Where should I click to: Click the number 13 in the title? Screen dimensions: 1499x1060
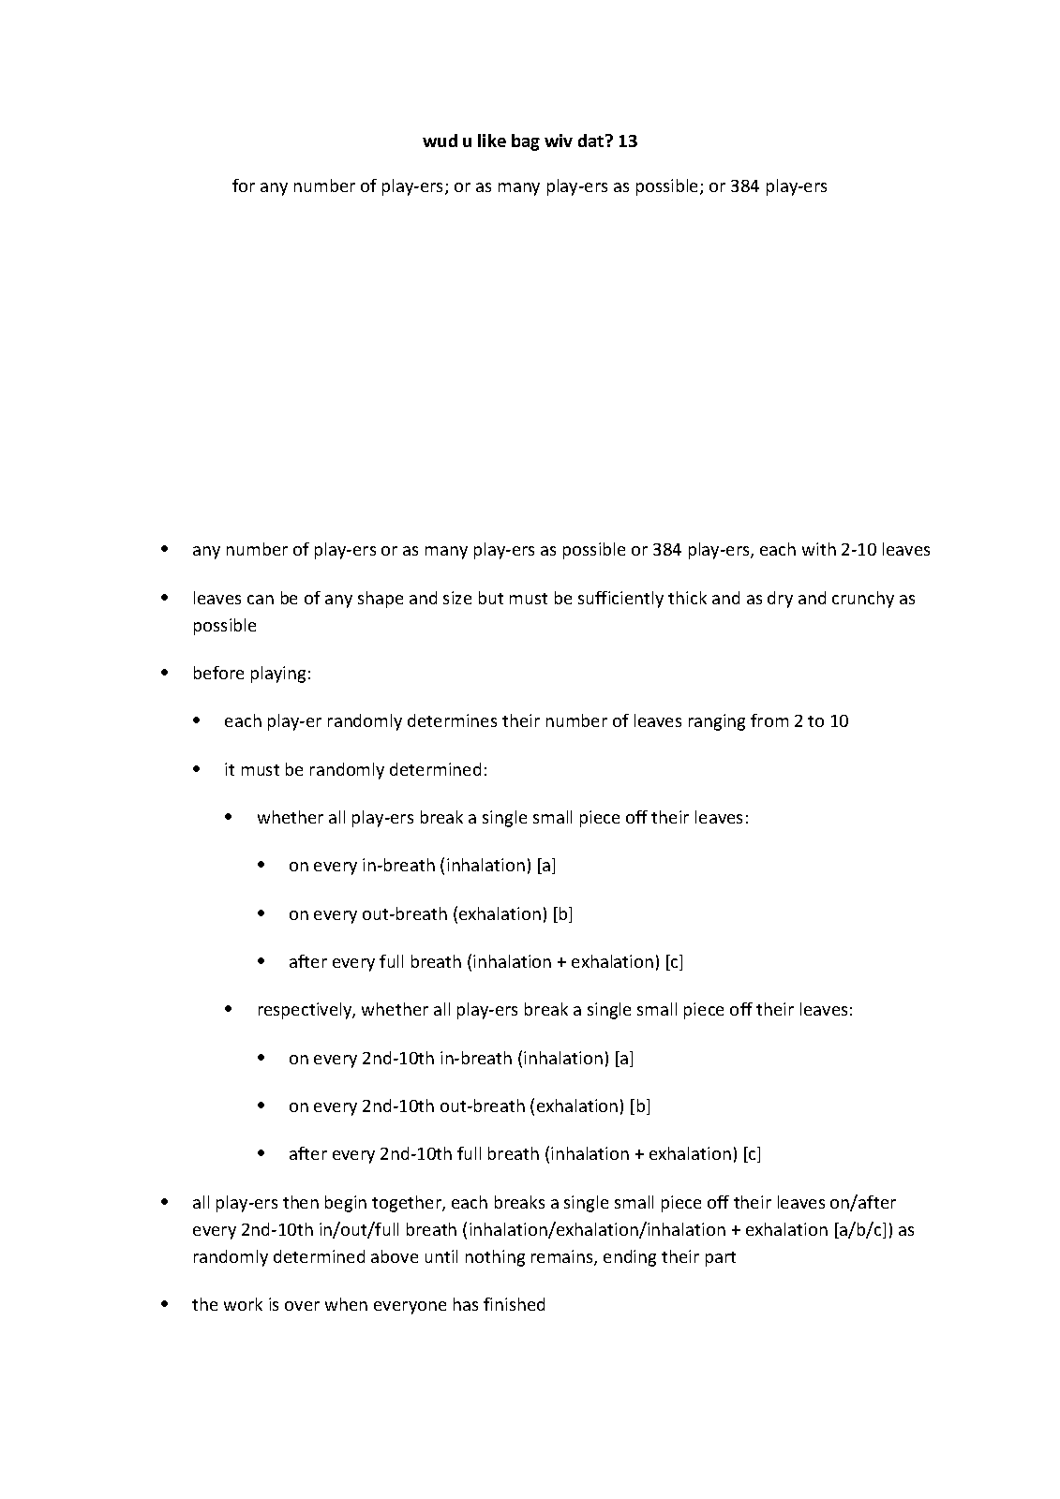(x=628, y=141)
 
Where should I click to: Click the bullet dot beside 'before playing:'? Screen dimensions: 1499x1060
(x=165, y=673)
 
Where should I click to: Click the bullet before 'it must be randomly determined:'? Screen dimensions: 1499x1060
(x=197, y=769)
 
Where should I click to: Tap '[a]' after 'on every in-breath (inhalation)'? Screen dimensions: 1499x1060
(x=546, y=866)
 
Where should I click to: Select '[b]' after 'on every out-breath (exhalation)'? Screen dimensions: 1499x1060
(x=563, y=913)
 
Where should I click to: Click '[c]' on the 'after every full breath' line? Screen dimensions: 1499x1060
(x=674, y=961)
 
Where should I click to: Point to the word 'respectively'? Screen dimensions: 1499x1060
(x=306, y=1010)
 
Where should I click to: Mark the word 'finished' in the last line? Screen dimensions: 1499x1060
(x=515, y=1305)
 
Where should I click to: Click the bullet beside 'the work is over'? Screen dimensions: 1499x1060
(x=165, y=1304)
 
